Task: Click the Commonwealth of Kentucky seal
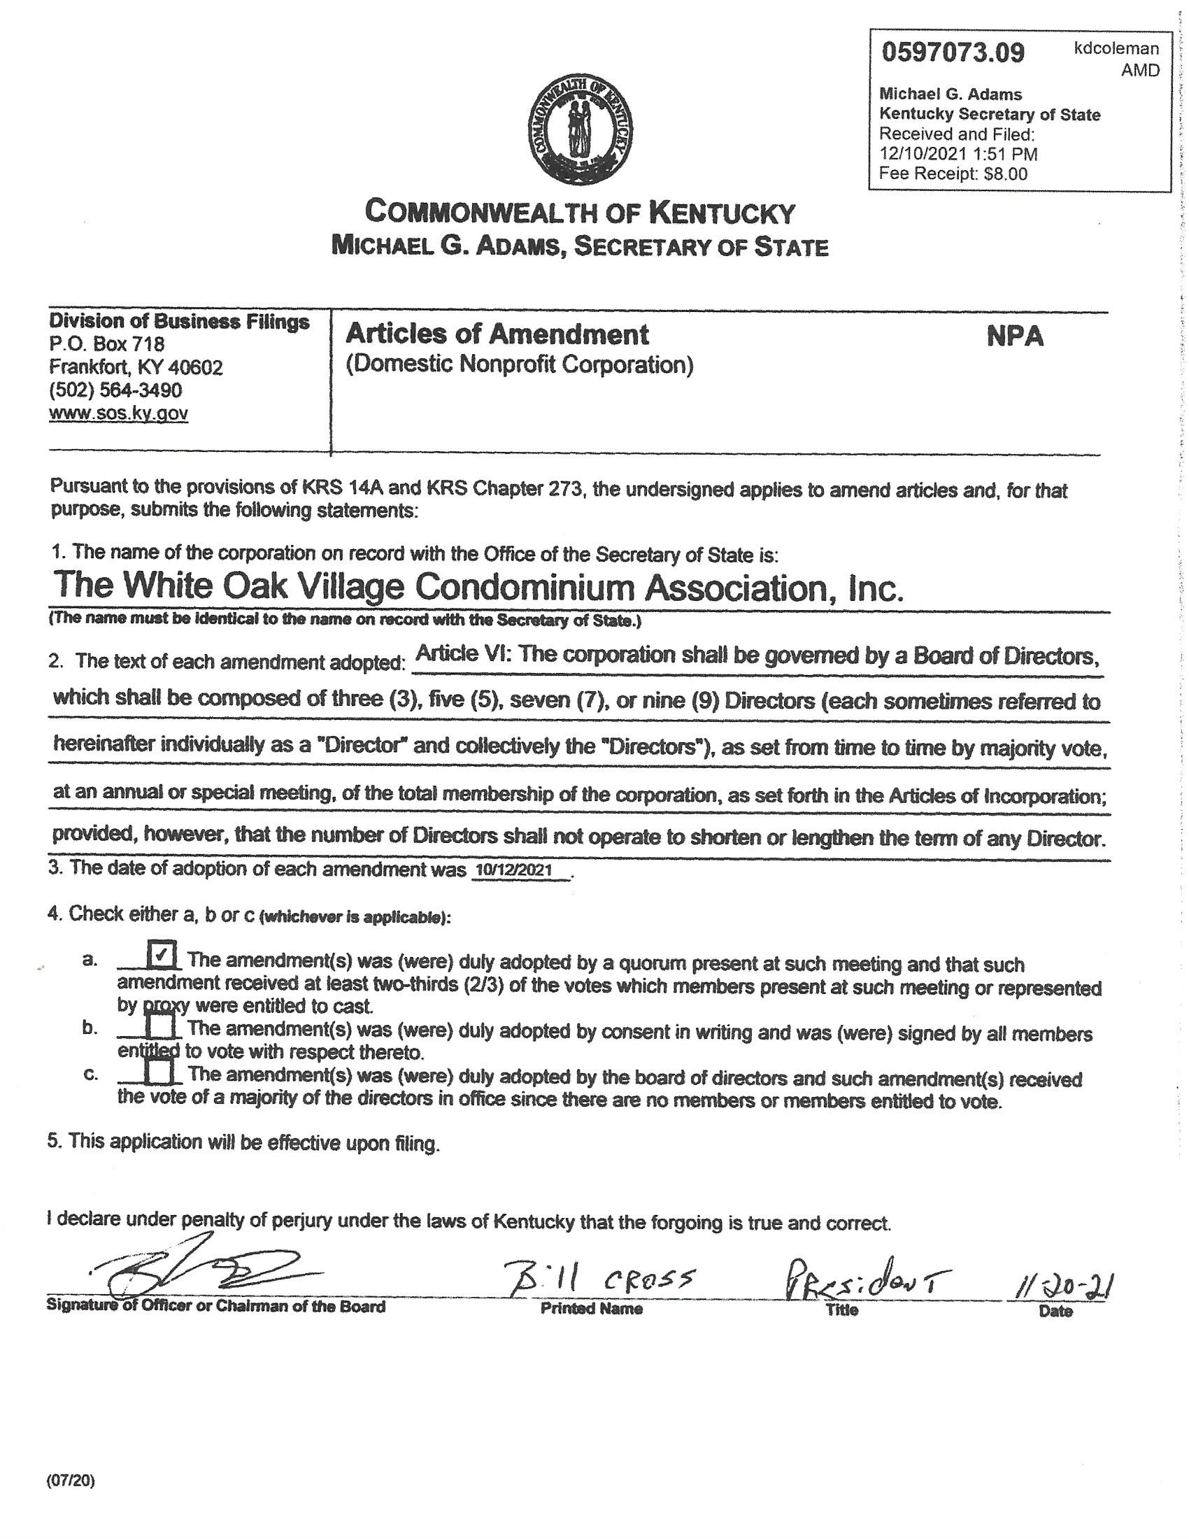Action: click(581, 131)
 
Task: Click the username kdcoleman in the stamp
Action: click(1116, 49)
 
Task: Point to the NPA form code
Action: click(1013, 337)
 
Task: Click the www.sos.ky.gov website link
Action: click(118, 413)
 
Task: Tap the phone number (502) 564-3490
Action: click(115, 390)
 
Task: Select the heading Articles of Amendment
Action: click(497, 334)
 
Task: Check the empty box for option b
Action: click(162, 1026)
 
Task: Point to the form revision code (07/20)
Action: click(71, 1480)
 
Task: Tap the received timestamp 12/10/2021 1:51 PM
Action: click(958, 154)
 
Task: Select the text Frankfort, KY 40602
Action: click(136, 367)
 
